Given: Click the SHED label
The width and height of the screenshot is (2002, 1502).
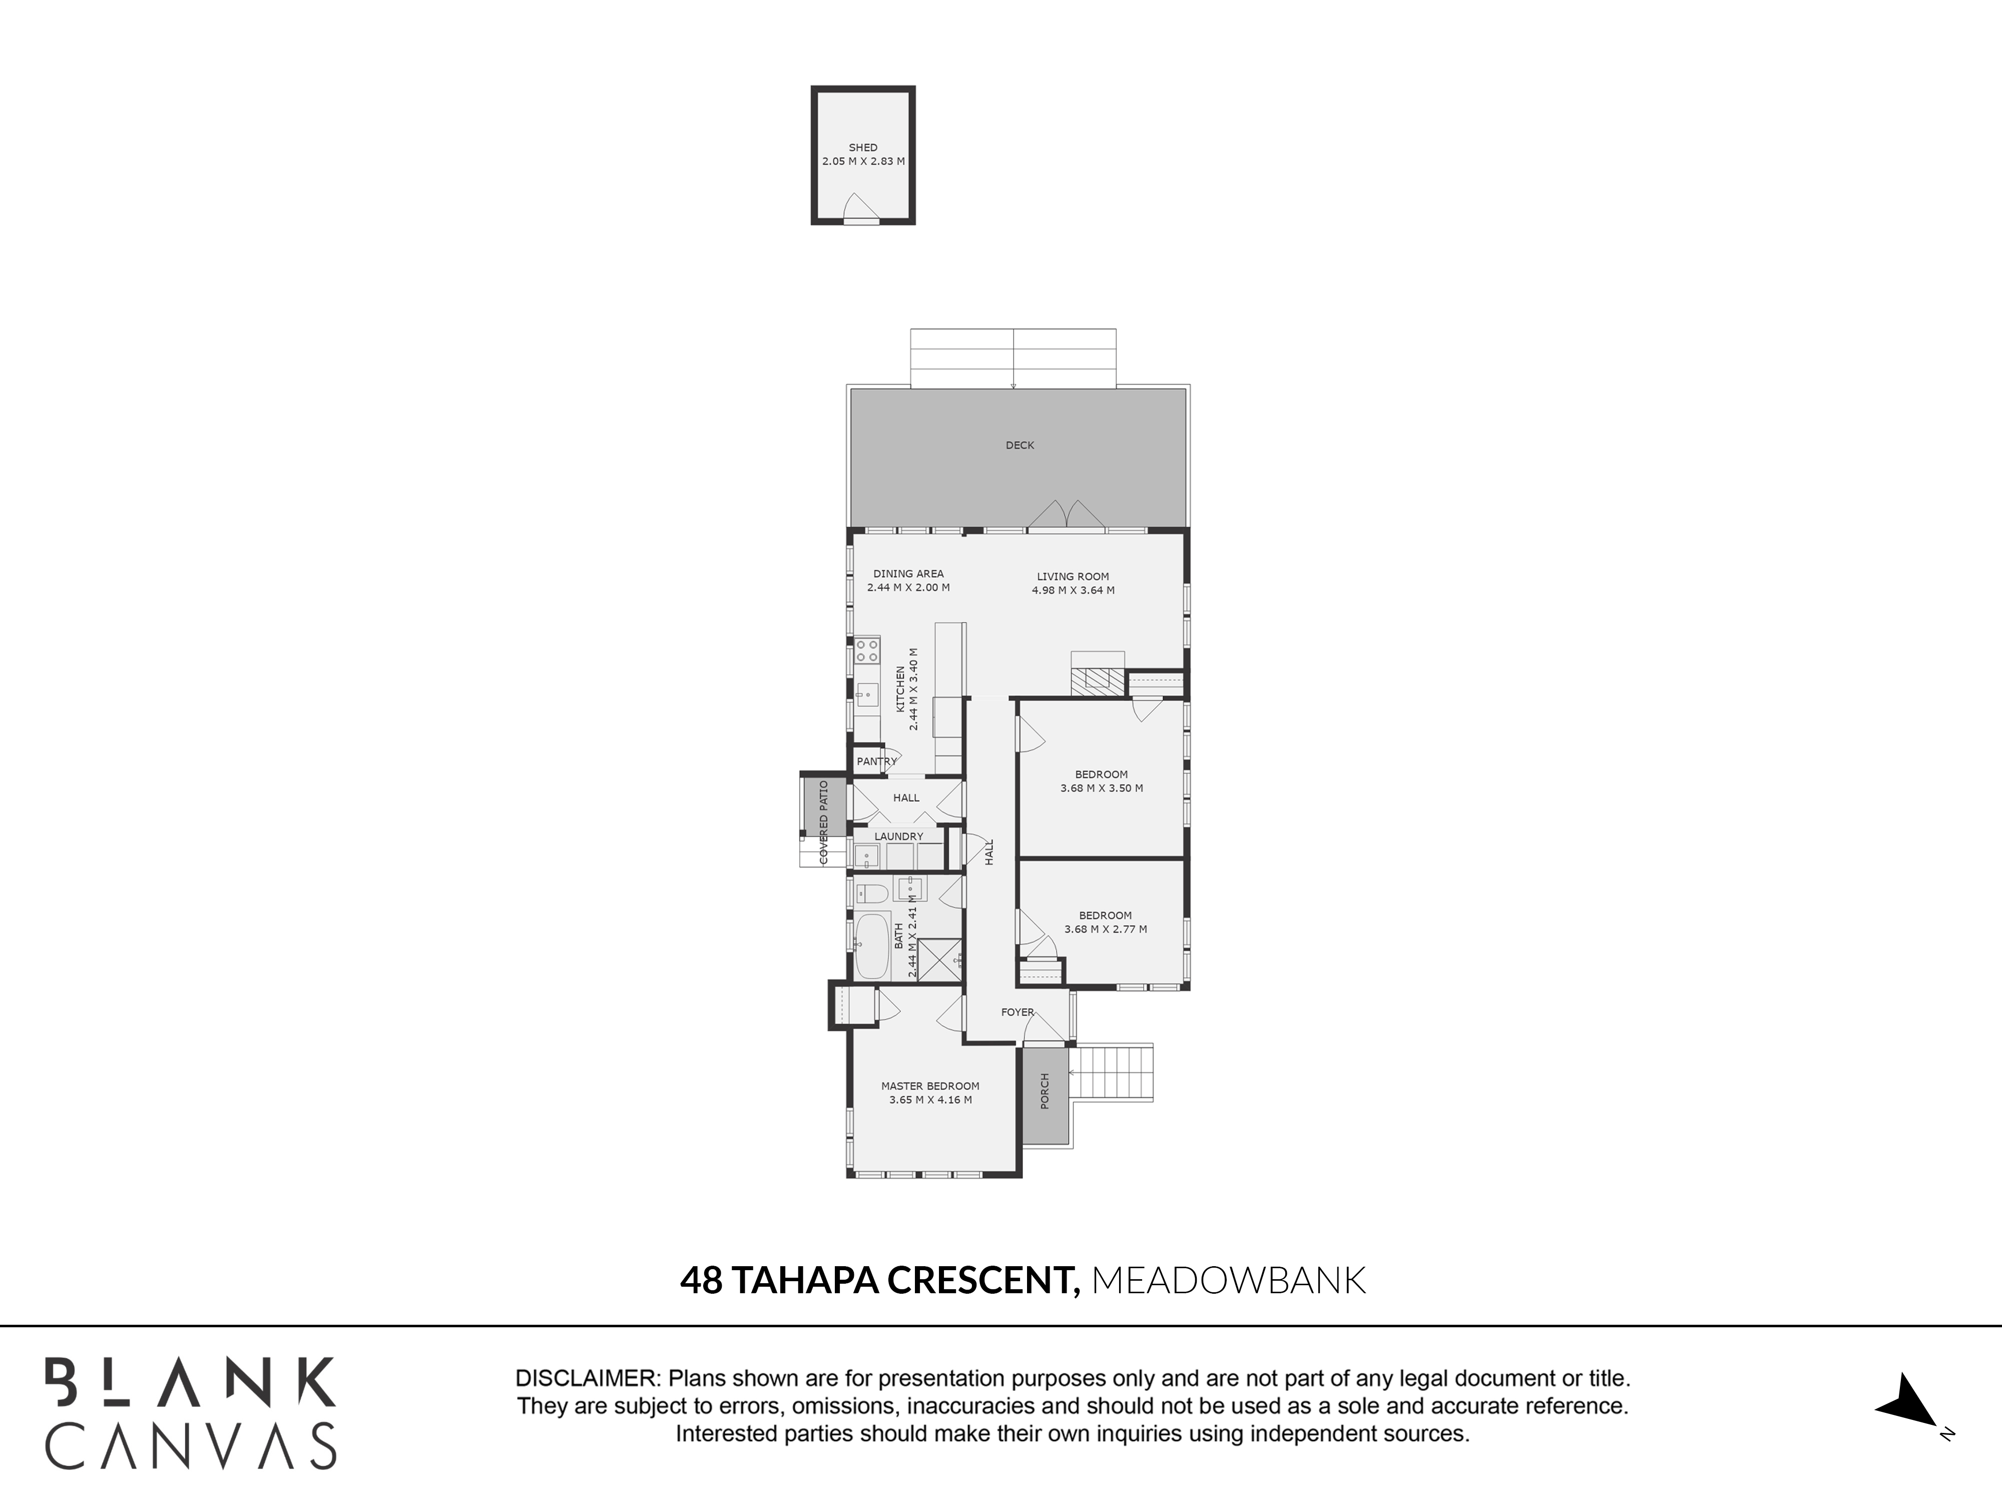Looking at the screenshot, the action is click(x=862, y=148).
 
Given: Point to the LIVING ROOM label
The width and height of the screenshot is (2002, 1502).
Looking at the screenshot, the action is click(x=1073, y=577).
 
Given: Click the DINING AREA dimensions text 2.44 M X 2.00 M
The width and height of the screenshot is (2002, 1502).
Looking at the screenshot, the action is click(x=908, y=588).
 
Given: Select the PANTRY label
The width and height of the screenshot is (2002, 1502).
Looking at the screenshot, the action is click(x=876, y=762).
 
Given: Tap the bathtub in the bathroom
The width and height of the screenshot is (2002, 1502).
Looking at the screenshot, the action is click(x=872, y=946).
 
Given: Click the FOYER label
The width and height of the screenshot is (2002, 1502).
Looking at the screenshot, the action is click(x=1018, y=1012).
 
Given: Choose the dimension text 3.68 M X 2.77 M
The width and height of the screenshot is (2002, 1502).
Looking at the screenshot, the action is click(x=1105, y=929).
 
